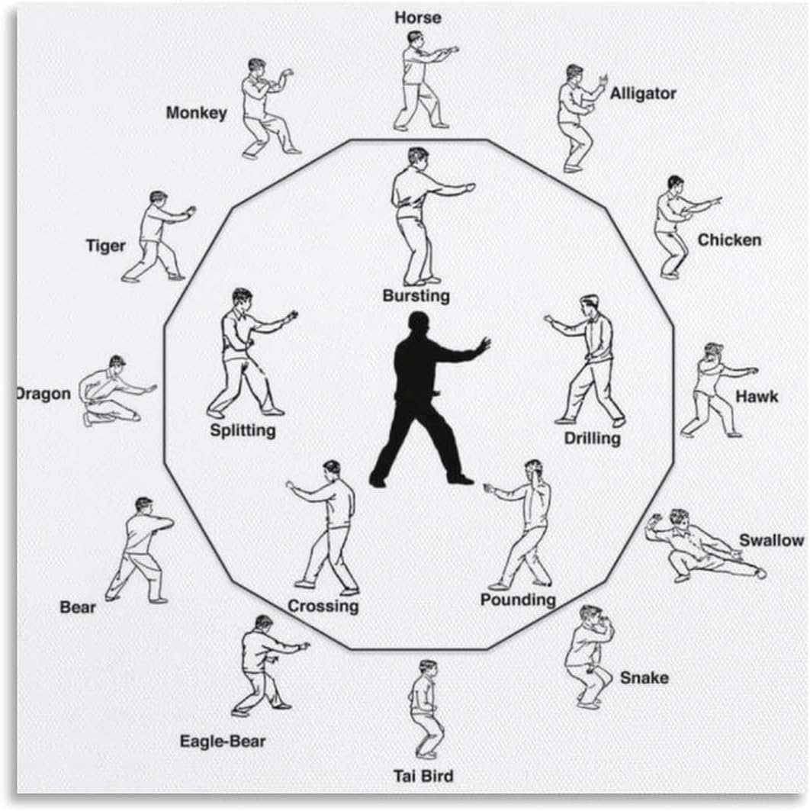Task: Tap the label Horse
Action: click(x=417, y=17)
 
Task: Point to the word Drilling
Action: click(x=592, y=439)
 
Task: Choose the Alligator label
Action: click(x=642, y=94)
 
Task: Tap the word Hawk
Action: click(x=757, y=396)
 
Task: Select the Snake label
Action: click(x=644, y=677)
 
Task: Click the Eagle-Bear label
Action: click(x=223, y=740)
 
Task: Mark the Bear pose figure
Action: click(x=140, y=549)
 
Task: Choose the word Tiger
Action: click(x=105, y=246)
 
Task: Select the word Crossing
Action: click(x=323, y=607)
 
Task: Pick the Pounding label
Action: click(x=518, y=600)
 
